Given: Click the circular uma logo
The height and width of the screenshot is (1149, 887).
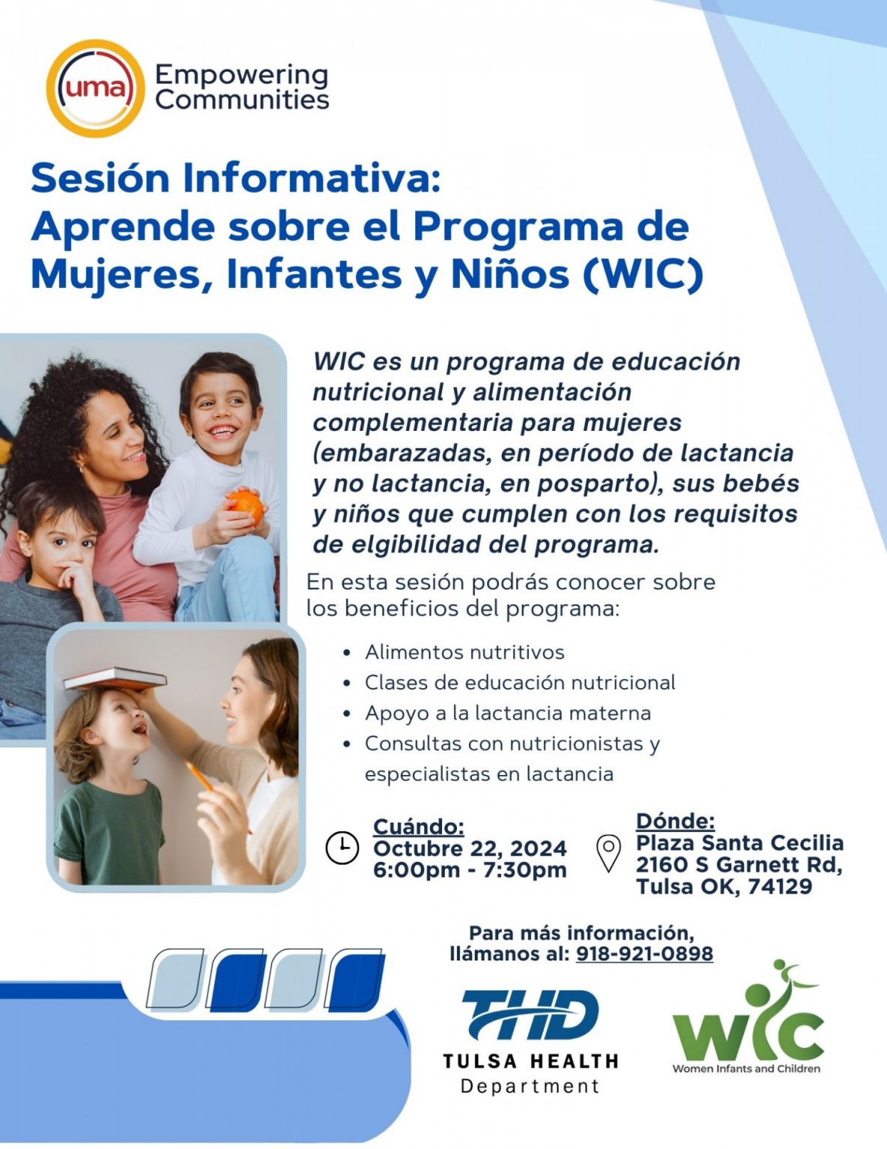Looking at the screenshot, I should tap(95, 88).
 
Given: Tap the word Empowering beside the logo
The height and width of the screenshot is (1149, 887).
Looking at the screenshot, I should tap(241, 75).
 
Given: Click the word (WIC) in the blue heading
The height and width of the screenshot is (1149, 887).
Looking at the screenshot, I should tap(642, 274).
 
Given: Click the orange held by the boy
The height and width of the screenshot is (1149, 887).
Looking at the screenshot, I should tap(247, 506).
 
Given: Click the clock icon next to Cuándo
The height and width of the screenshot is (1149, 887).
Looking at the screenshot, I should tap(342, 848).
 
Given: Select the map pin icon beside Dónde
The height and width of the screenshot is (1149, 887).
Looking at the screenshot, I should tap(609, 853).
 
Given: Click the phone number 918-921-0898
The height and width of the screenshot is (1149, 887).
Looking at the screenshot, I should tap(644, 954).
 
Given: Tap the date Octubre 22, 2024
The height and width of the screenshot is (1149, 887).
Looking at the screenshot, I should tap(470, 848).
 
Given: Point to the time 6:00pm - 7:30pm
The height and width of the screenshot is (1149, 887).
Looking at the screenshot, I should tap(470, 870).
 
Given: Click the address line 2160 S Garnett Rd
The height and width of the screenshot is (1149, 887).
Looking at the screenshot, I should tap(739, 865).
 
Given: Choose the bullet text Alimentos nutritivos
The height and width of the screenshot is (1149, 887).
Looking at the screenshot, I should tap(464, 652).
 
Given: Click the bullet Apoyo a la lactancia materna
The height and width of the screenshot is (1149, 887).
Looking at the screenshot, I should tap(508, 713).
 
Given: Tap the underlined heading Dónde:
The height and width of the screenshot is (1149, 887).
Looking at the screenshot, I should tap(675, 821).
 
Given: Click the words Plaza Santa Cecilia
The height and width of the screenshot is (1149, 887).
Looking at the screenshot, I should tap(740, 843).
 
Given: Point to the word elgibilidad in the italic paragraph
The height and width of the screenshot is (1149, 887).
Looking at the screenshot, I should tap(398, 545).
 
